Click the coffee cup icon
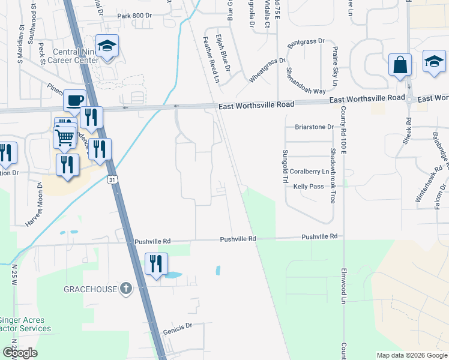coord(74,100)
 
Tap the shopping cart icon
coord(65,137)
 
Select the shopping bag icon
coord(400,65)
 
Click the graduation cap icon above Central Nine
coord(107,46)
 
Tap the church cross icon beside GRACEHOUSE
coord(125,289)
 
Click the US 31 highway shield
coord(112,179)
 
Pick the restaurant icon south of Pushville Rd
coord(156,263)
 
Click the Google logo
coord(20,352)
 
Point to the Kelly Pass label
coord(309,187)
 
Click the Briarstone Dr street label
coord(313,127)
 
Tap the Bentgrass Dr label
coord(306,43)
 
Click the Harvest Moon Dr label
coord(34,204)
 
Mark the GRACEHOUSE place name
coord(91,289)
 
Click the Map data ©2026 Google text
coord(411,355)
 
